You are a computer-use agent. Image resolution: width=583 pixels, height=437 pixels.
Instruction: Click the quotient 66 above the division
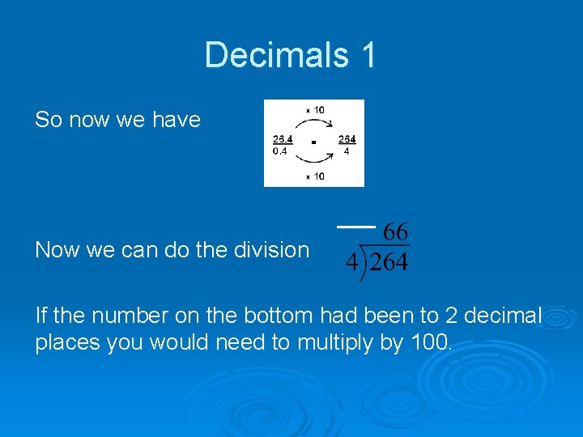tap(395, 232)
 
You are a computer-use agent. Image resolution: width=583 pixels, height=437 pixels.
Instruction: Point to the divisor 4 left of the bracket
tap(351, 263)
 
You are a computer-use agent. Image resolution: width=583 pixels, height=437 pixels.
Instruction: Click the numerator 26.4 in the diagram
tap(283, 139)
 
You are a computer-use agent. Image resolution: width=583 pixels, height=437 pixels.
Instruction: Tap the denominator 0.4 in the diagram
tap(280, 150)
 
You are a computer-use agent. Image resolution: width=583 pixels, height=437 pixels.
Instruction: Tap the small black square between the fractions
tap(313, 143)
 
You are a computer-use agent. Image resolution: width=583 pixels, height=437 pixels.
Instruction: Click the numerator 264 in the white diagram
tap(347, 139)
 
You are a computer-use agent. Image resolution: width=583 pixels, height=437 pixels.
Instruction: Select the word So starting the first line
tap(49, 120)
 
